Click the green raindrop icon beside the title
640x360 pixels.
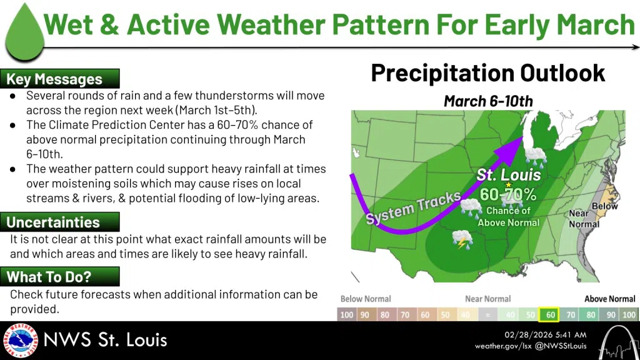click(24, 35)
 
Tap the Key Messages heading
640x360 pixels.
click(54, 79)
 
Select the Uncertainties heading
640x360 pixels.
click(53, 222)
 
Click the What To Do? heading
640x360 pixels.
click(49, 277)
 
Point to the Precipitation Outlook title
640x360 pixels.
click(487, 73)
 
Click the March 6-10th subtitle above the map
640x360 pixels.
click(488, 101)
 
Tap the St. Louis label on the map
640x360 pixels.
click(509, 175)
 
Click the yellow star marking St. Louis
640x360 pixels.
click(509, 185)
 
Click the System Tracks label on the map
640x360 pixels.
click(413, 207)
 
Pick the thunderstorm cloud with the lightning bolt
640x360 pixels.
click(462, 239)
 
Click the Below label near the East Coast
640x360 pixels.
click(604, 206)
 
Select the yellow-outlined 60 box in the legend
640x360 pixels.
click(549, 315)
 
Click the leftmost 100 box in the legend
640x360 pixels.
click(346, 315)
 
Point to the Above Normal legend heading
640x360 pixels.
click(610, 299)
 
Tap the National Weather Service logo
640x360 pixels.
click(21, 341)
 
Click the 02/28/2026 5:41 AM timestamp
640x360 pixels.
click(545, 335)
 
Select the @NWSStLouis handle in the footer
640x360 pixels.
click(561, 346)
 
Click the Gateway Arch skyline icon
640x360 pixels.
click(619, 343)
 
